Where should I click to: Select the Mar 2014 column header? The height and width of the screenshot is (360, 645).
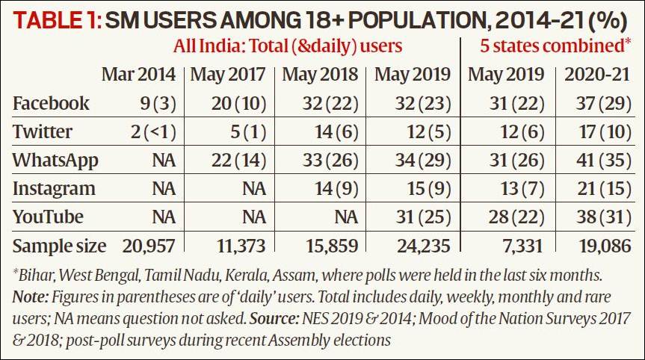tap(139, 75)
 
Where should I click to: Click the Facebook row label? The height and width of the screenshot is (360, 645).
tap(51, 103)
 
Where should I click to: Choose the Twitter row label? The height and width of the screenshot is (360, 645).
tap(42, 131)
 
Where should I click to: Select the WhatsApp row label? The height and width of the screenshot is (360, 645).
tap(55, 160)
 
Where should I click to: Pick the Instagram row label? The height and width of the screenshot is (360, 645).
tap(54, 188)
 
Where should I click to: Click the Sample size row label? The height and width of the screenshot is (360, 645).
tap(59, 245)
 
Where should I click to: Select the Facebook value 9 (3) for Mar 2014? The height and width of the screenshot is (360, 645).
tap(155, 103)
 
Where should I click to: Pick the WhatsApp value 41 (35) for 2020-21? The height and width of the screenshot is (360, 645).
tap(598, 160)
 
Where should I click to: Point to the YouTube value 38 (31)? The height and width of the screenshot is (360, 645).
tap(598, 217)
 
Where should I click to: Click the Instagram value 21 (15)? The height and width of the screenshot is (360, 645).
tap(598, 188)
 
